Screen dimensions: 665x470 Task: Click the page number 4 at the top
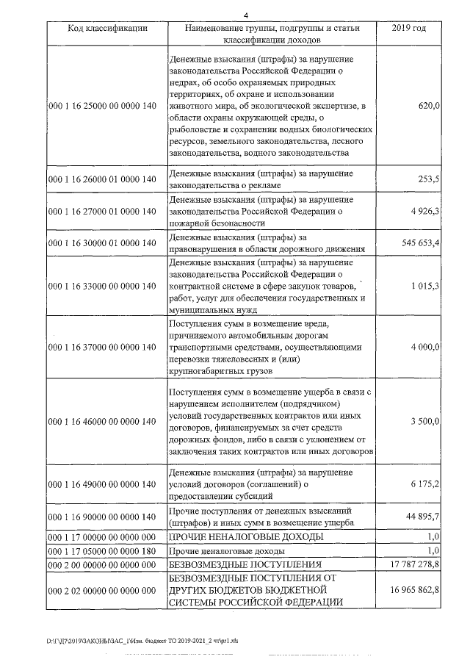coord(247,14)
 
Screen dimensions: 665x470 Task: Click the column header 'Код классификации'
coord(107,28)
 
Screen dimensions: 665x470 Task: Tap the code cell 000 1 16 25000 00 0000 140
coord(102,106)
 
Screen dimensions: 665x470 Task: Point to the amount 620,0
coord(428,106)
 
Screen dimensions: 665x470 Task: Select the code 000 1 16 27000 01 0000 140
coord(102,211)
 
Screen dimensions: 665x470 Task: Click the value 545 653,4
coord(416,242)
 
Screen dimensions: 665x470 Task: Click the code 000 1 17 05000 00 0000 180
coord(102,550)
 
